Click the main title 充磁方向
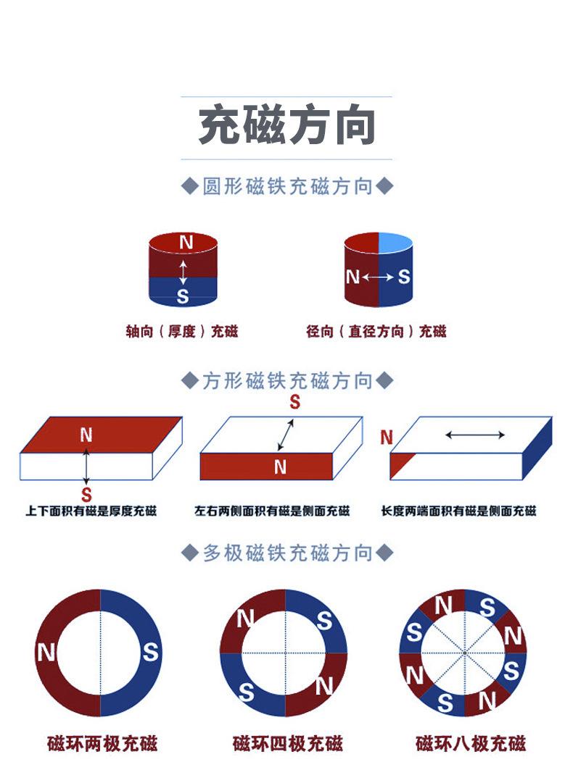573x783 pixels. click(286, 125)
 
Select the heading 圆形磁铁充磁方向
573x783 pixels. click(287, 187)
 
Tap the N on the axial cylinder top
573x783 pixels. click(186, 243)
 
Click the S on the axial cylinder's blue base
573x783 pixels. click(183, 297)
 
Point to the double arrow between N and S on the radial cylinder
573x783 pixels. click(378, 277)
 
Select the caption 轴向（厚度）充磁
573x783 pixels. click(182, 331)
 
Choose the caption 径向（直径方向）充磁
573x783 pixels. click(376, 331)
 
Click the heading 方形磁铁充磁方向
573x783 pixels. click(287, 380)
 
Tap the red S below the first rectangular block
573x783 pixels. click(86, 495)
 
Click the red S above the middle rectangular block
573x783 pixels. click(295, 401)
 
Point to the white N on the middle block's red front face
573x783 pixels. click(280, 467)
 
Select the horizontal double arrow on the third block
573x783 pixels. click(475, 435)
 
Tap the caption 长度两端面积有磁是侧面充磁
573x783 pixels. click(458, 511)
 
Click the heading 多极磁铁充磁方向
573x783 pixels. click(287, 553)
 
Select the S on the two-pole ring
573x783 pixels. click(150, 652)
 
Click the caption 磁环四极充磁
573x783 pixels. click(288, 744)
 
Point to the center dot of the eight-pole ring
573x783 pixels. click(464, 653)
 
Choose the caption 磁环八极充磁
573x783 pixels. click(471, 744)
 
